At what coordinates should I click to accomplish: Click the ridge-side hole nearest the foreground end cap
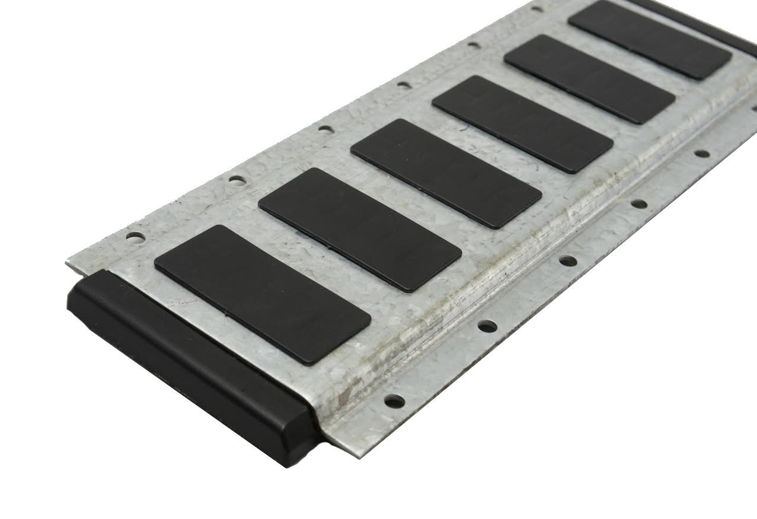point(392,402)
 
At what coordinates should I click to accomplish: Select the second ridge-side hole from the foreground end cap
point(487,326)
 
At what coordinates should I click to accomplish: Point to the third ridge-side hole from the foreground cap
point(567,260)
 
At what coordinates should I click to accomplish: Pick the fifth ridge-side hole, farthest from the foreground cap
point(701,154)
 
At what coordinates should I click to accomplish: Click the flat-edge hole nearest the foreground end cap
point(136,238)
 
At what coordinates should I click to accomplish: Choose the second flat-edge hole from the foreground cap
point(237,179)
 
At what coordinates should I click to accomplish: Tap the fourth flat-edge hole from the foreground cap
point(404,84)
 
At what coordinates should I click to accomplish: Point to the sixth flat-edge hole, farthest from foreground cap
point(536,9)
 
